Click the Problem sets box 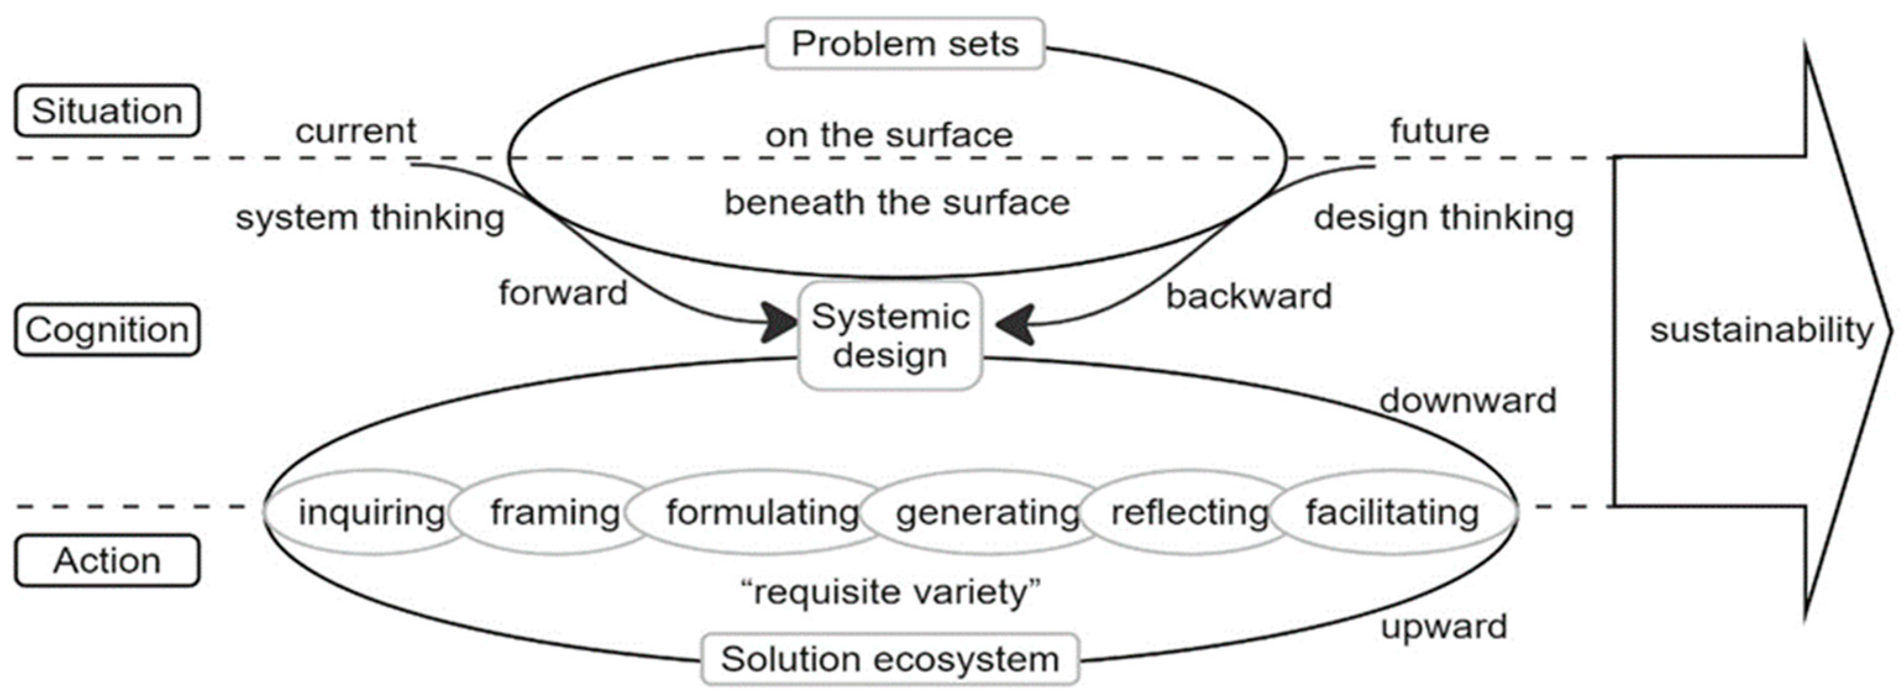[x=905, y=44]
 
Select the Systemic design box [x=890, y=336]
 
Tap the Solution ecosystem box [x=890, y=659]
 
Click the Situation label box [x=107, y=111]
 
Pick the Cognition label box [x=107, y=330]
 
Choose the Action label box [x=107, y=561]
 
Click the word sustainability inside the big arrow [x=1761, y=330]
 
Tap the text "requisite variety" [x=891, y=591]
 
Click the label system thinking [x=369, y=218]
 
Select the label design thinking [x=1443, y=218]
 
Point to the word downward [x=1467, y=401]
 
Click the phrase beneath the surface [x=897, y=202]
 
